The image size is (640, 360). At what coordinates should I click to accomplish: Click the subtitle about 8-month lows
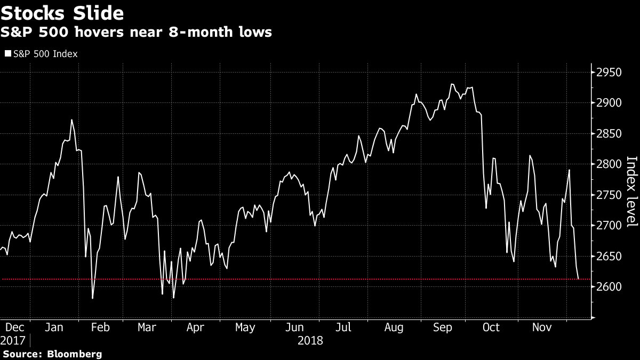click(x=136, y=32)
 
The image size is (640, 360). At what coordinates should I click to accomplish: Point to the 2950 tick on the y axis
click(x=610, y=73)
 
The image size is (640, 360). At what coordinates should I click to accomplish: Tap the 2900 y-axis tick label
click(x=610, y=103)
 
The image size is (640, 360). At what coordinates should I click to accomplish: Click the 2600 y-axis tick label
click(x=610, y=287)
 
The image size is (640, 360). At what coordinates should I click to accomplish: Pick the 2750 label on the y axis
click(x=610, y=195)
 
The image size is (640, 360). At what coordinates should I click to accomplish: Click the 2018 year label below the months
click(x=310, y=340)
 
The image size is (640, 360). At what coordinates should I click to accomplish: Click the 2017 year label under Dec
click(x=13, y=340)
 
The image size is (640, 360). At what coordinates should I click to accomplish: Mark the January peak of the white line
click(x=71, y=119)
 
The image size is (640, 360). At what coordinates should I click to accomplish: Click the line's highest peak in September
click(x=452, y=84)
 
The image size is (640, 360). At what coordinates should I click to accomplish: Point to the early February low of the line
click(x=92, y=299)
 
